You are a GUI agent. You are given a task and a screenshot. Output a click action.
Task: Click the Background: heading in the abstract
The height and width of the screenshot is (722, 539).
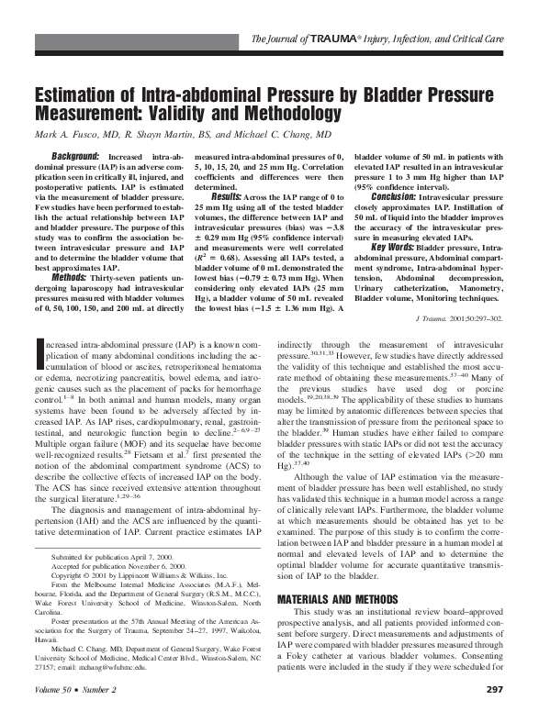coord(75,158)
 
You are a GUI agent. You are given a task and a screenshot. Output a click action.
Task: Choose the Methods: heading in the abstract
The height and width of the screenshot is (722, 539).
coord(70,278)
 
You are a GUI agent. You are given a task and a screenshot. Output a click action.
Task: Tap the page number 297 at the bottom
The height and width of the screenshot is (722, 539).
coord(494,715)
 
